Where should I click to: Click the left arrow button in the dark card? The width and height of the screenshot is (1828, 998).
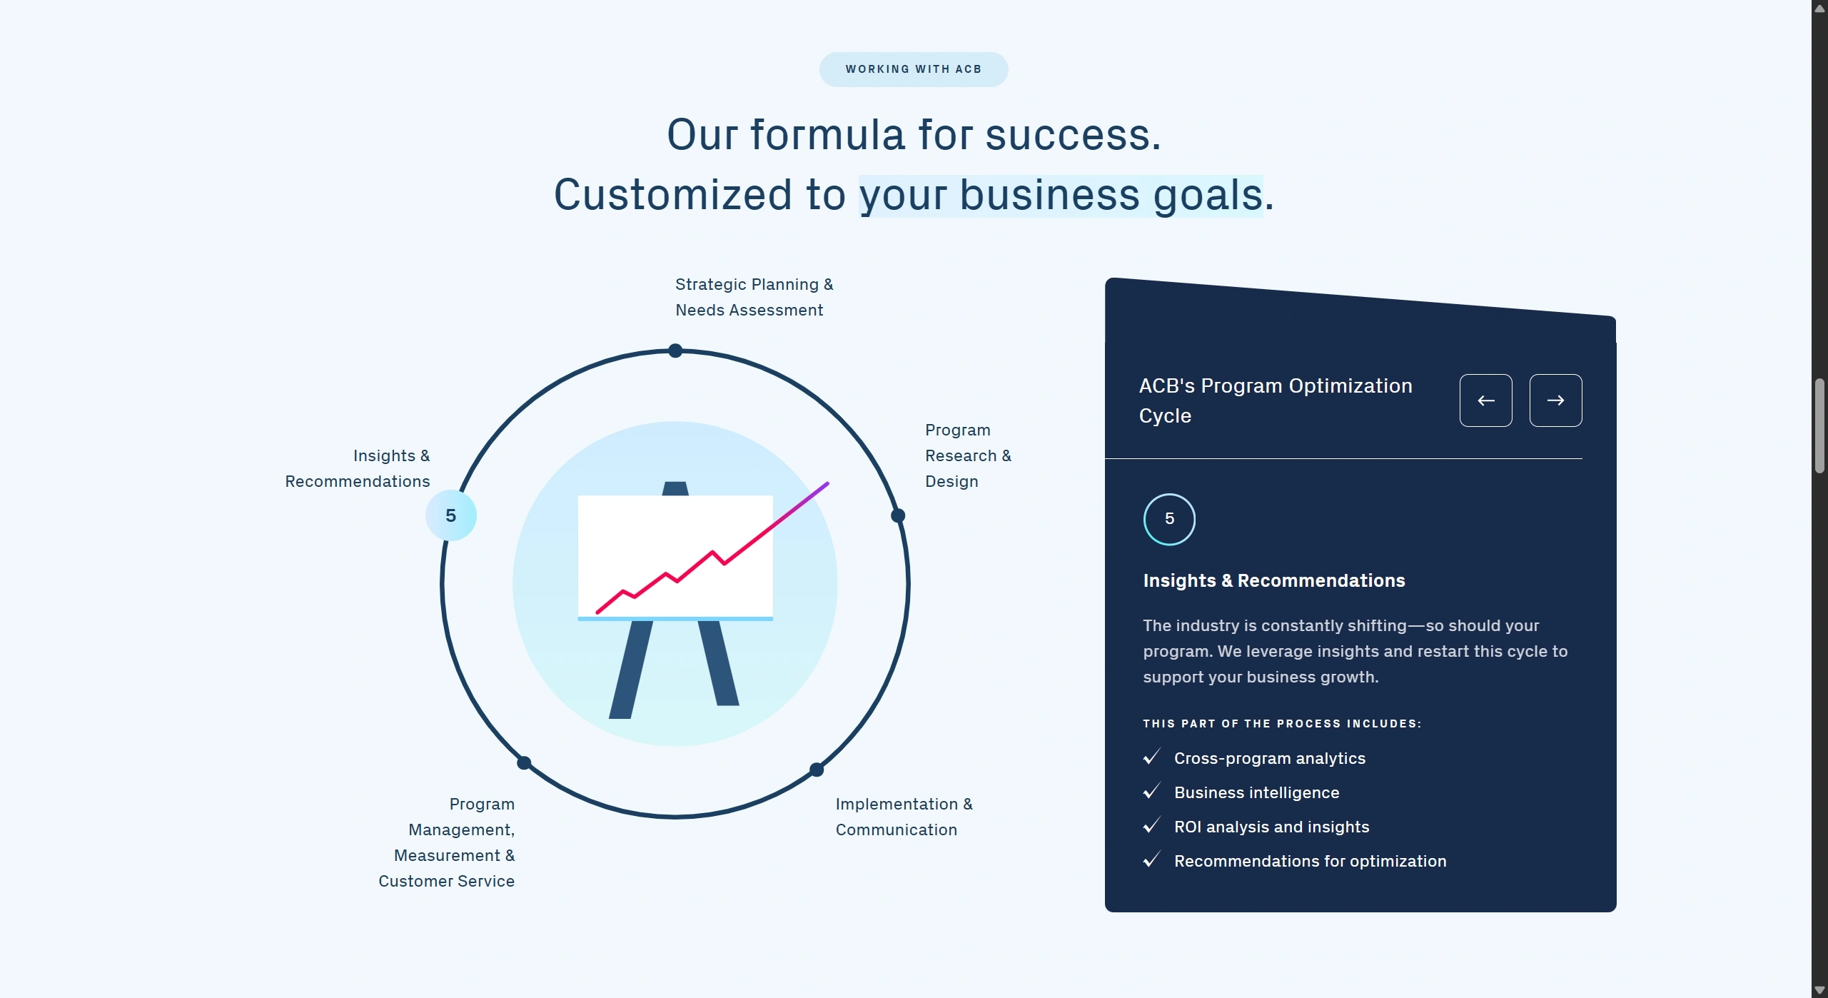pos(1485,400)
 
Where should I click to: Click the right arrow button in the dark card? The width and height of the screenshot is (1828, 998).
pos(1555,400)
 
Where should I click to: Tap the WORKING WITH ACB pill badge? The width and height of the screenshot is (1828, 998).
pos(914,69)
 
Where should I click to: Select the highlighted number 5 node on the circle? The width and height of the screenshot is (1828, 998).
pos(451,515)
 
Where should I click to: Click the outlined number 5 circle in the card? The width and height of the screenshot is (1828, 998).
pos(1169,519)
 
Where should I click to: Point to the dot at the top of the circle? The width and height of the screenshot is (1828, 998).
pos(675,351)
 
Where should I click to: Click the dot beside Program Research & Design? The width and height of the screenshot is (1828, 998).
pos(898,515)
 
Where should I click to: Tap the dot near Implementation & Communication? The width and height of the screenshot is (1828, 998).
pos(817,770)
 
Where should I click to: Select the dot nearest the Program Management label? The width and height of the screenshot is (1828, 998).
pos(524,763)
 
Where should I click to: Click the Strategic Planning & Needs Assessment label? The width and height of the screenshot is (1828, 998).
pos(754,297)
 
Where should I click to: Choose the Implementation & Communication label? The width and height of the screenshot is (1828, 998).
pos(904,817)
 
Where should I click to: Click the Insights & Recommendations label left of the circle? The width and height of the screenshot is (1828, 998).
pos(358,468)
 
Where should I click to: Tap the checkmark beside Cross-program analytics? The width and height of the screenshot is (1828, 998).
pos(1151,757)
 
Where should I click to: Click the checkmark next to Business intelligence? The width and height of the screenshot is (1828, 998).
pos(1151,791)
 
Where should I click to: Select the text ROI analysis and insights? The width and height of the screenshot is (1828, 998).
pos(1272,827)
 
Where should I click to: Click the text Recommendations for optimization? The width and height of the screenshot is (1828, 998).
pos(1311,861)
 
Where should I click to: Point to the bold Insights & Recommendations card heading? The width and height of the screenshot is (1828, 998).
pos(1274,580)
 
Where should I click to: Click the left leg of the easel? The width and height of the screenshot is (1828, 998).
pos(631,670)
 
